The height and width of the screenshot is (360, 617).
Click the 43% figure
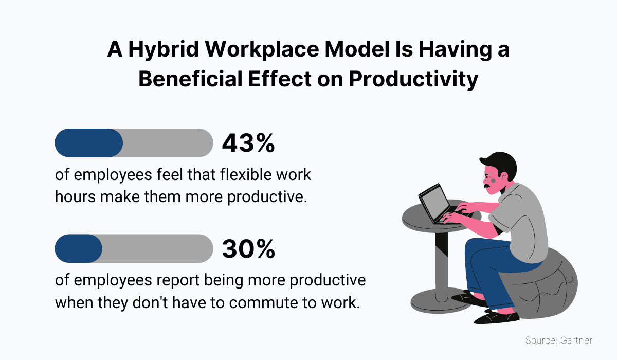[248, 143]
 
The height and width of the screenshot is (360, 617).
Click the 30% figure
[248, 249]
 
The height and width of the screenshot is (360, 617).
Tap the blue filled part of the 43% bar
[88, 143]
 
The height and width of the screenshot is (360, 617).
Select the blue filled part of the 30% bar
[78, 248]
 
